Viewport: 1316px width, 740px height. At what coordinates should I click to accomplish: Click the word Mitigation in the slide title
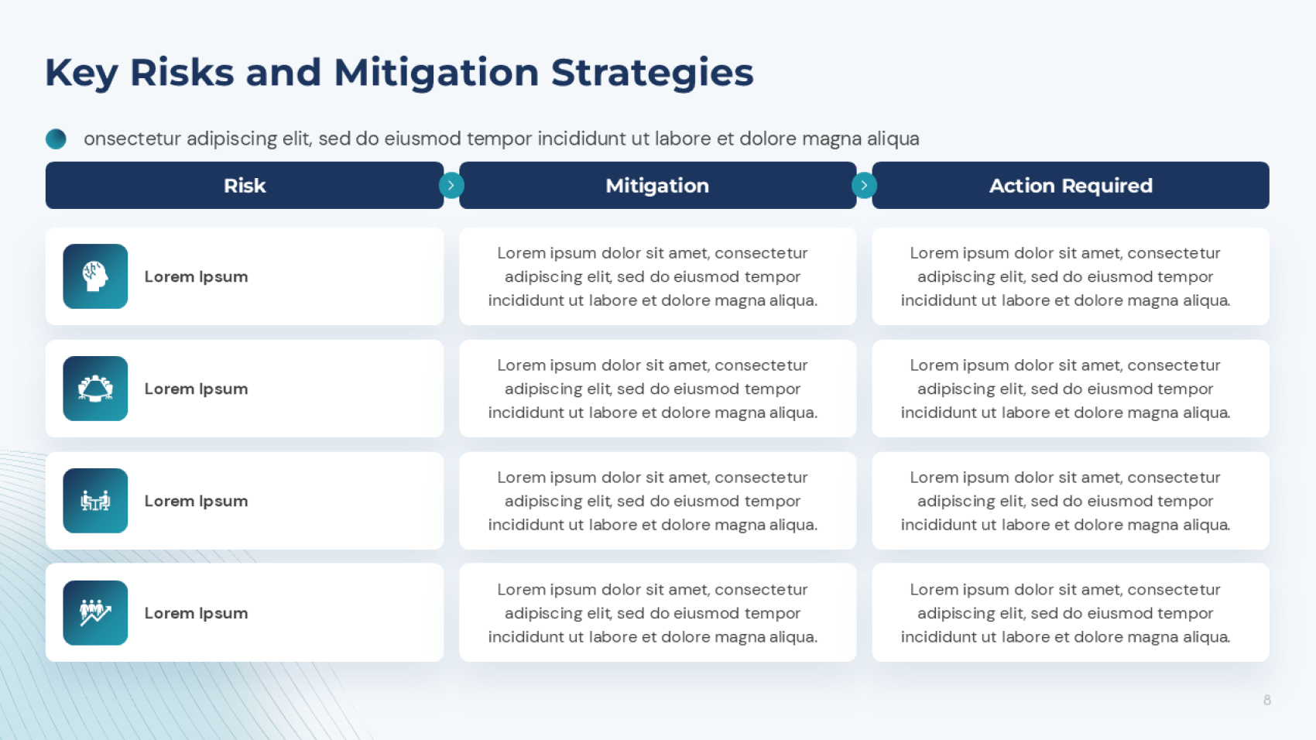(x=436, y=73)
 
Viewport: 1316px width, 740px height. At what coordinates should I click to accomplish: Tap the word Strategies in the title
(x=652, y=73)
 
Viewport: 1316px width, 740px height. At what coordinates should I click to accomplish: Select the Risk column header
(x=245, y=186)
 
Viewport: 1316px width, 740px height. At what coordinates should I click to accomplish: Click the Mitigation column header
(x=657, y=186)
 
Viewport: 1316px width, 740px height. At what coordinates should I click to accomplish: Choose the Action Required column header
(x=1071, y=186)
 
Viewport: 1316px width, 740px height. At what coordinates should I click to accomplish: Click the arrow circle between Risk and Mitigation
(x=451, y=186)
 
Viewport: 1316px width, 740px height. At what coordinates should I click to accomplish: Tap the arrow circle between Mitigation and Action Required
(x=864, y=186)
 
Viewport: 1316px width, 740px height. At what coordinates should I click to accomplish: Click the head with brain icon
(x=95, y=276)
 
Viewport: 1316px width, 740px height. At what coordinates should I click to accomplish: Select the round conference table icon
(x=95, y=389)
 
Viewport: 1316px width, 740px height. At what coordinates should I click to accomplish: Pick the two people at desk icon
(x=95, y=501)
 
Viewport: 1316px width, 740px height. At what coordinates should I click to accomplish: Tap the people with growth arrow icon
(x=95, y=613)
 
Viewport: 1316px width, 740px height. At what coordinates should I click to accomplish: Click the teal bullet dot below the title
(x=56, y=139)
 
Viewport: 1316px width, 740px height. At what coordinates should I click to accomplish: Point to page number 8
(x=1267, y=700)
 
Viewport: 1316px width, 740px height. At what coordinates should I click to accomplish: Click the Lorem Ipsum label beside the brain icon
(x=196, y=276)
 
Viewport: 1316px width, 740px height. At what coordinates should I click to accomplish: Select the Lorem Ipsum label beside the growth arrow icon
(x=196, y=613)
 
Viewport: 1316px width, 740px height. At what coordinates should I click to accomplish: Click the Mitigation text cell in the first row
(x=653, y=276)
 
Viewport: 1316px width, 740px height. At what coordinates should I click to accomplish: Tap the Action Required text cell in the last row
(x=1065, y=613)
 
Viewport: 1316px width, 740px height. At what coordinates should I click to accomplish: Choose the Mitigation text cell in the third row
(x=653, y=501)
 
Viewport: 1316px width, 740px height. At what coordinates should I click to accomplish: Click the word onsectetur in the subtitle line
(x=132, y=139)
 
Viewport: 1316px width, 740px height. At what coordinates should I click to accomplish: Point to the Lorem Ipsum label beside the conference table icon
(x=196, y=389)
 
